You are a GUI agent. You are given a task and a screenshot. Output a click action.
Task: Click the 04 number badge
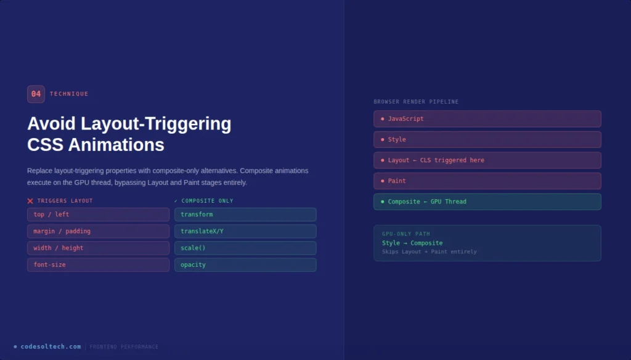pyautogui.click(x=36, y=94)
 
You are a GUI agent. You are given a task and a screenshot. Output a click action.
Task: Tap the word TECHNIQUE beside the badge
pyautogui.click(x=69, y=94)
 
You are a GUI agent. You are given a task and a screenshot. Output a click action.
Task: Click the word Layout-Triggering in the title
pyautogui.click(x=160, y=124)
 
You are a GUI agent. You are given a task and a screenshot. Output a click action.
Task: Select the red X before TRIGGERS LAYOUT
pyautogui.click(x=30, y=201)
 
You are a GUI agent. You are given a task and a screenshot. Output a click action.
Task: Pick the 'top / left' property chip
pyautogui.click(x=98, y=215)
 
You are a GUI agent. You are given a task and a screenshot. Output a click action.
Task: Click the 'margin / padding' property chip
pyautogui.click(x=98, y=231)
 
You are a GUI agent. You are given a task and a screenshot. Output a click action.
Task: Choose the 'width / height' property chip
pyautogui.click(x=98, y=248)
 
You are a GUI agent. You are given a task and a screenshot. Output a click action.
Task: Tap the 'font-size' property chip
pyautogui.click(x=98, y=264)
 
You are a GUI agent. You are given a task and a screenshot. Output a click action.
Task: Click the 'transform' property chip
pyautogui.click(x=245, y=215)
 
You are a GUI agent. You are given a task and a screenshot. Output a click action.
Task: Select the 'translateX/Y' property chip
pyautogui.click(x=245, y=231)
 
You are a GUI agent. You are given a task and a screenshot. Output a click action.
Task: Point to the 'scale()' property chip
pyautogui.click(x=245, y=248)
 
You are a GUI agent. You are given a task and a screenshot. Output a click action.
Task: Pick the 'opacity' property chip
pyautogui.click(x=245, y=264)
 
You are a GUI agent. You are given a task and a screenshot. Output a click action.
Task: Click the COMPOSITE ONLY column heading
pyautogui.click(x=207, y=201)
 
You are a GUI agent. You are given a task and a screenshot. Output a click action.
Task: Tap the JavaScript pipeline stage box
pyautogui.click(x=487, y=119)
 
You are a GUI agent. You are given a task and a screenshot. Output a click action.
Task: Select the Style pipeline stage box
pyautogui.click(x=487, y=139)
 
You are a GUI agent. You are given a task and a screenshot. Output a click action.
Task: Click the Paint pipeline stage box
pyautogui.click(x=487, y=181)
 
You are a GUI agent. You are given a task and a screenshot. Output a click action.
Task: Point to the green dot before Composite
pyautogui.click(x=382, y=202)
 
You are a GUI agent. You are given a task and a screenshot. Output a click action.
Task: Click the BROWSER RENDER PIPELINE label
pyautogui.click(x=416, y=102)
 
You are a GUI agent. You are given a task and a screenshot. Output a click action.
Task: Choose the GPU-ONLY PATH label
pyautogui.click(x=406, y=234)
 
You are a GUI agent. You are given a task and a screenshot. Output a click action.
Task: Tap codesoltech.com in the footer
pyautogui.click(x=51, y=346)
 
